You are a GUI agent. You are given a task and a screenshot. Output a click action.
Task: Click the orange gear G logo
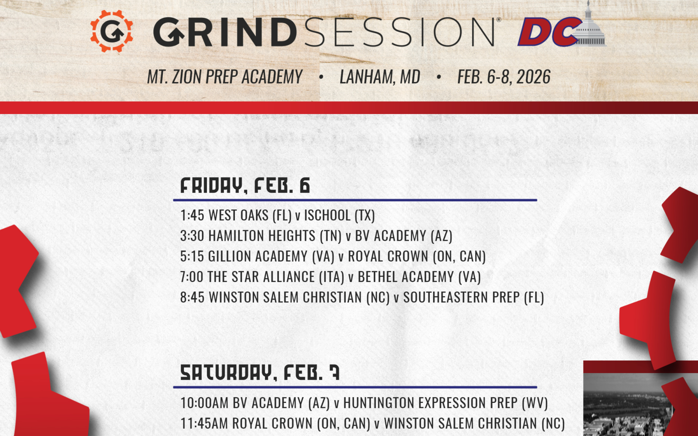(112, 31)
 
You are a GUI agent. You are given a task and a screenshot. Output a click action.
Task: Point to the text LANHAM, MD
(380, 77)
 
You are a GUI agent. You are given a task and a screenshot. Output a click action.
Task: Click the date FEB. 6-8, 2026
(504, 77)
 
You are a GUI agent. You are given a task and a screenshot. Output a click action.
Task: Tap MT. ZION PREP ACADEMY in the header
(225, 77)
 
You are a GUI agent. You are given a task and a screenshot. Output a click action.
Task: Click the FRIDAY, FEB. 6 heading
(245, 186)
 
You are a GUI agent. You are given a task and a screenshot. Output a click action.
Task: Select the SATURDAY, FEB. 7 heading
(260, 373)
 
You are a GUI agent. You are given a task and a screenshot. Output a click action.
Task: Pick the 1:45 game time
(192, 215)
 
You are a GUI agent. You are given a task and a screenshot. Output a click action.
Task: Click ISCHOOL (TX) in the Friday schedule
(339, 215)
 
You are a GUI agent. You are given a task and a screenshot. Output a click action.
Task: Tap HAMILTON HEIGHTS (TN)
(275, 236)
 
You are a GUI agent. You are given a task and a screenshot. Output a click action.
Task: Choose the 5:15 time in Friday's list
(192, 257)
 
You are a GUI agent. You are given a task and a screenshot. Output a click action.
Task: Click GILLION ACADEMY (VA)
(271, 257)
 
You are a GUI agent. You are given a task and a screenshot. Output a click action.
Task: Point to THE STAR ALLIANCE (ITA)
(276, 277)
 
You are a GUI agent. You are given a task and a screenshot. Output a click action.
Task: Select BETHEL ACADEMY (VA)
(419, 277)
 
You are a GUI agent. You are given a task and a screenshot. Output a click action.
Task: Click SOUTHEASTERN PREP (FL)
(473, 298)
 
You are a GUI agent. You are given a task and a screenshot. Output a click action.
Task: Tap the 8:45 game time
(192, 298)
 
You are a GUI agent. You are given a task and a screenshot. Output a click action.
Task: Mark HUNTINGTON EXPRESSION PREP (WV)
(445, 403)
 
